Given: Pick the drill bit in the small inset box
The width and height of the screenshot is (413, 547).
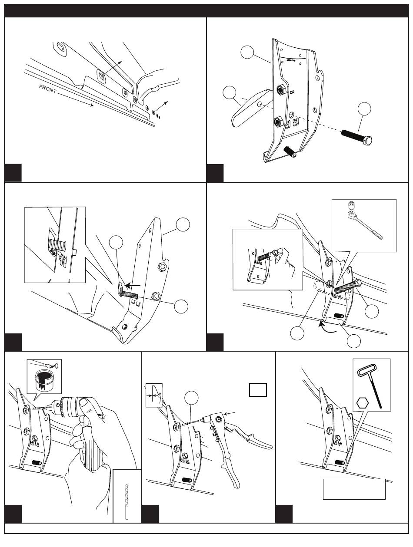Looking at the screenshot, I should [x=127, y=499].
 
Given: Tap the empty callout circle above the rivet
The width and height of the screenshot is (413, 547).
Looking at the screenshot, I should [x=192, y=398].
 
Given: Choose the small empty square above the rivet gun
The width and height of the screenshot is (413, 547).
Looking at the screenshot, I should [x=257, y=390].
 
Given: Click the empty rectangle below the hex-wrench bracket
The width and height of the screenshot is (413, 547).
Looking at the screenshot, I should [x=354, y=489].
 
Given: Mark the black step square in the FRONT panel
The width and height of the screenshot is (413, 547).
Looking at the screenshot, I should [x=13, y=174].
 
